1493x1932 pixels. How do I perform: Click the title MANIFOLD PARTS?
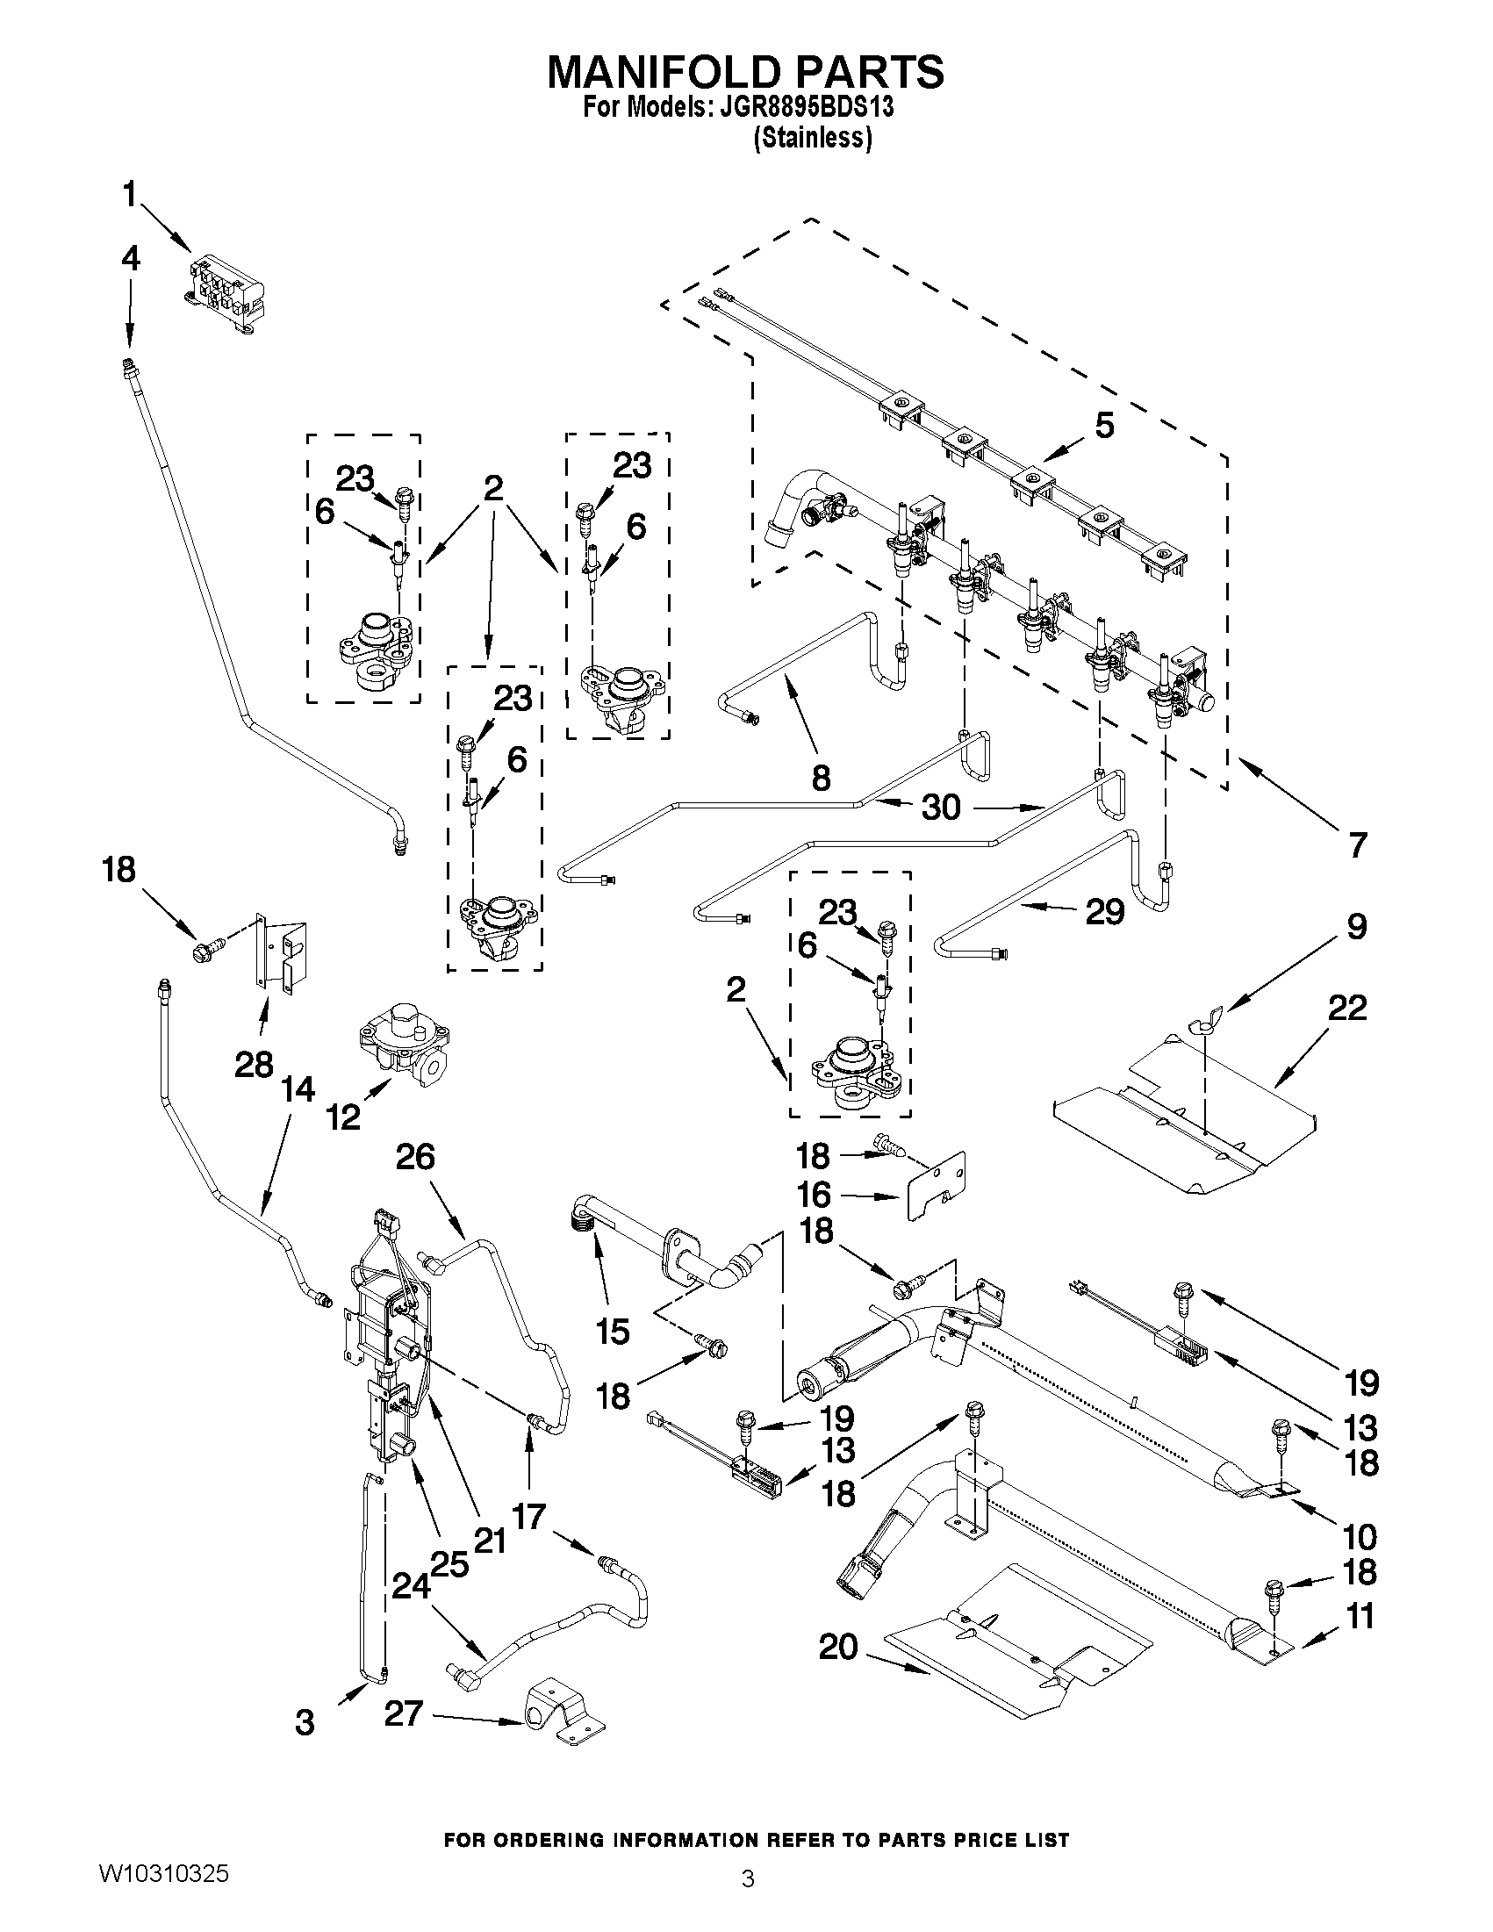coord(745,72)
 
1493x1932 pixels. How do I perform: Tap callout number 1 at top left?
coord(130,195)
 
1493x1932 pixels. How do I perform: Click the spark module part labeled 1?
coord(226,292)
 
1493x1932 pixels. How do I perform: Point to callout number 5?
coord(1104,426)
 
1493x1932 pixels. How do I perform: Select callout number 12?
coord(343,1117)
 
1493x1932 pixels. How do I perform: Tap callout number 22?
coord(1347,1008)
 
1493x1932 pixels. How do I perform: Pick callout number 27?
coord(404,1714)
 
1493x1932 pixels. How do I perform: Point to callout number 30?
coord(940,807)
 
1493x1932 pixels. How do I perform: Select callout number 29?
coord(1105,910)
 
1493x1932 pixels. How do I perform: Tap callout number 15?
coord(612,1331)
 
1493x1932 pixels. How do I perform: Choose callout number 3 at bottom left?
coord(305,1722)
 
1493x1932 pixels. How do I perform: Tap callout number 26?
coord(416,1156)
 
